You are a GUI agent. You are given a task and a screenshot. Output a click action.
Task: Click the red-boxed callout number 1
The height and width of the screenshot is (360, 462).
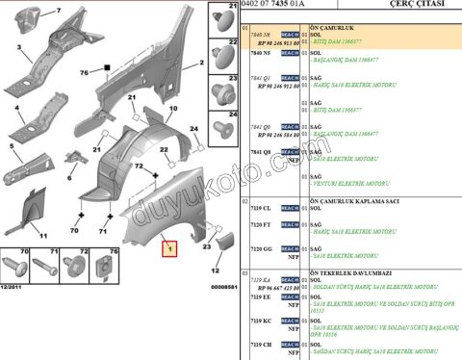[x=168, y=248]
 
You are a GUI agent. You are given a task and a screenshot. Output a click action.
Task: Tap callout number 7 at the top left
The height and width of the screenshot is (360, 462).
[x=57, y=11]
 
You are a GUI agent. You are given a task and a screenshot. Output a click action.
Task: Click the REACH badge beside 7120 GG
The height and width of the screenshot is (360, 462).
[x=290, y=248]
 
